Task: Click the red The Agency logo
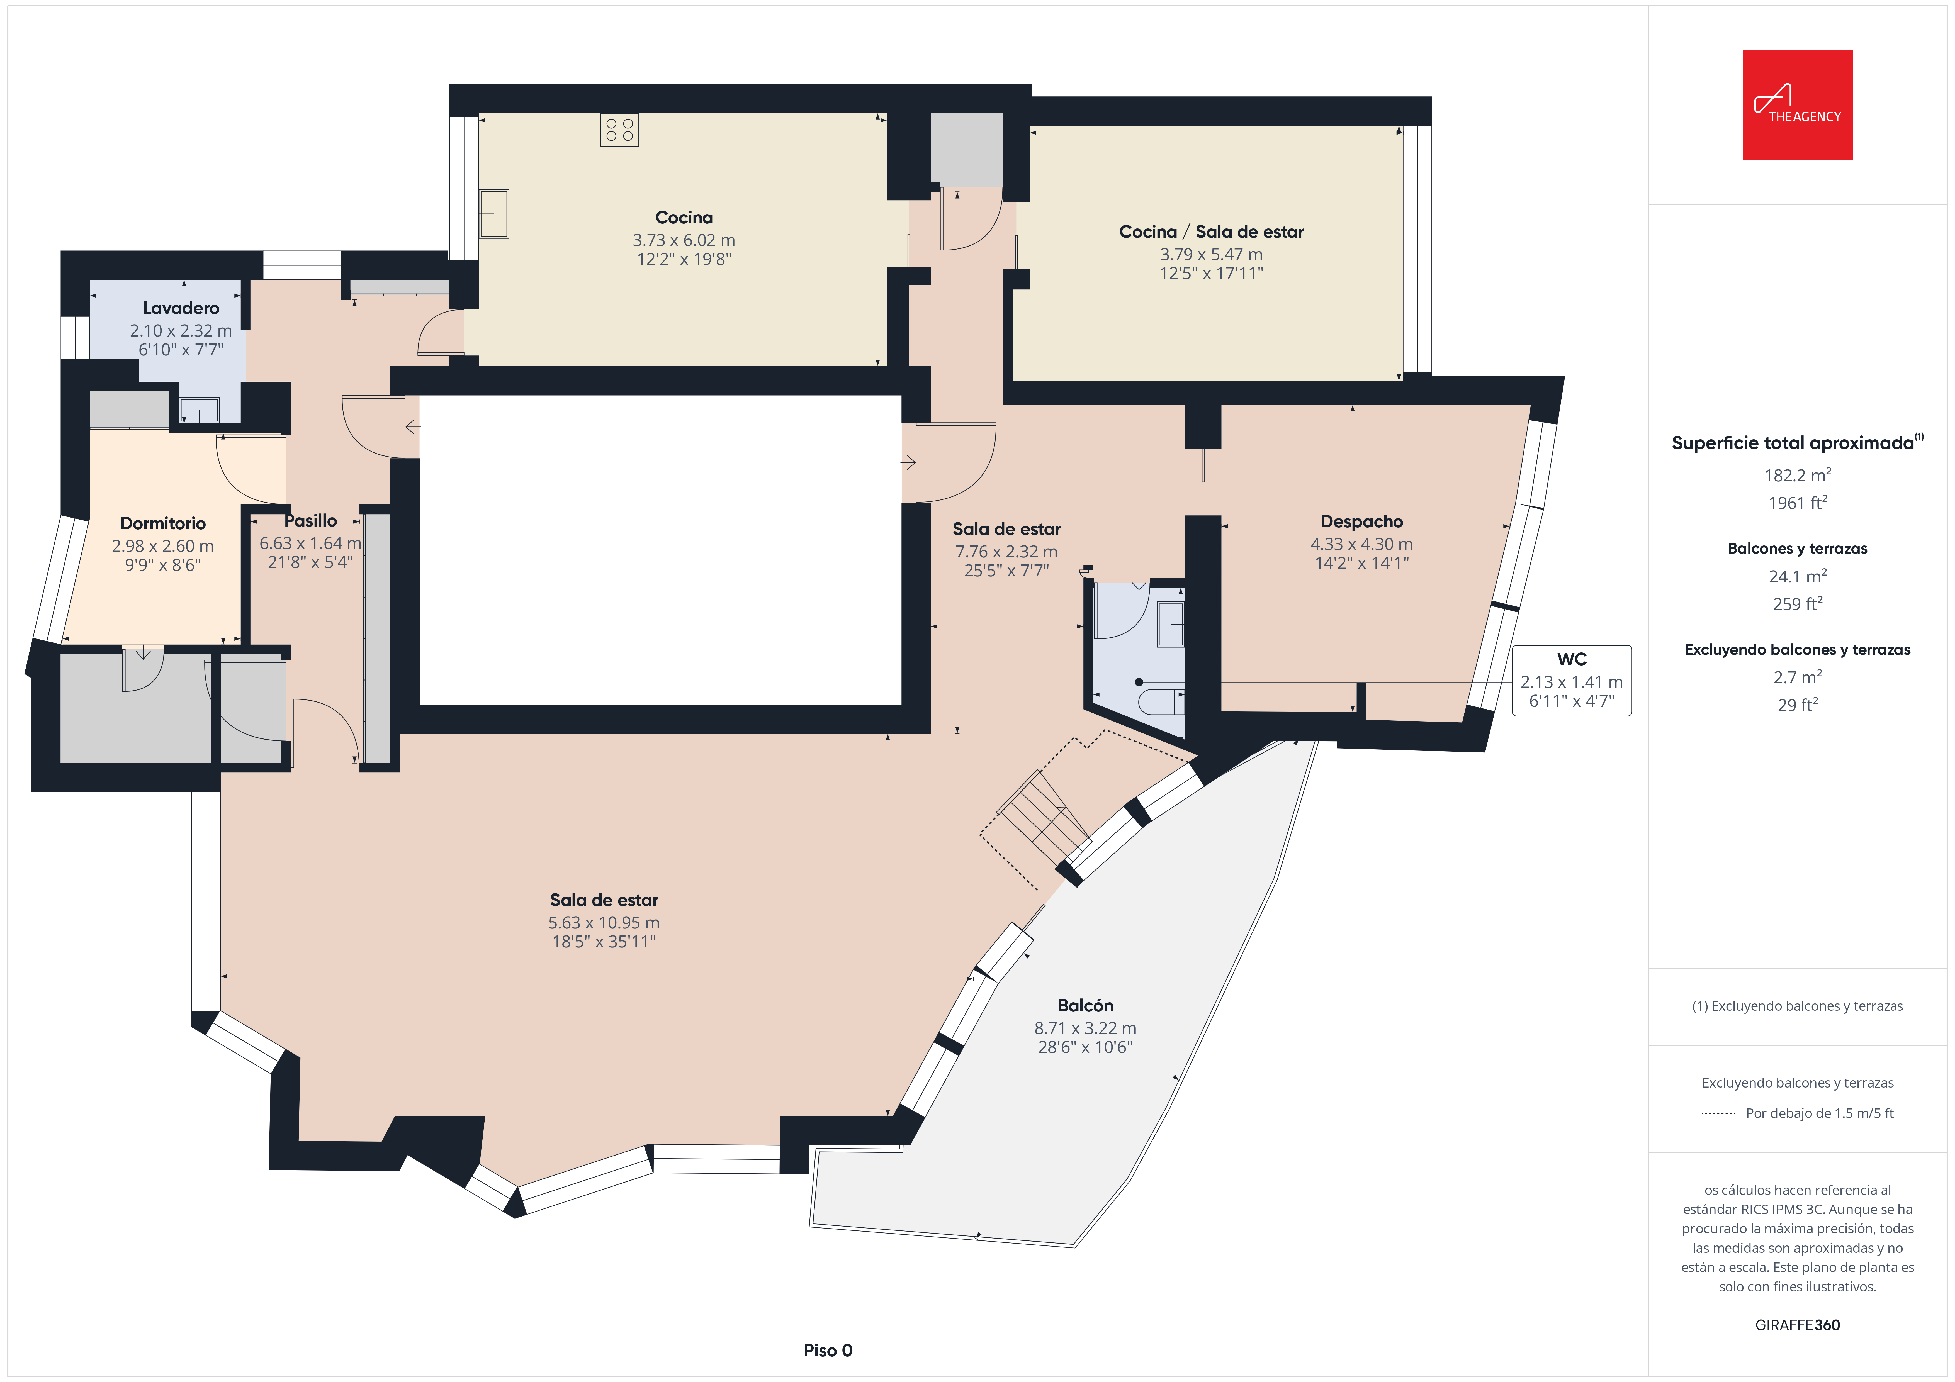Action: tap(1798, 105)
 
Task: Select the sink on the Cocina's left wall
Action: tap(494, 213)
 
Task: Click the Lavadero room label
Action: tap(181, 308)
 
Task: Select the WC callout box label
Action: tap(1572, 659)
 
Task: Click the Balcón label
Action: tap(1086, 1006)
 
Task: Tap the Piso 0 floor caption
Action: tap(828, 1351)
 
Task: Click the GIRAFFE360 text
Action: tap(1798, 1325)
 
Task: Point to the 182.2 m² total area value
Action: tap(1798, 475)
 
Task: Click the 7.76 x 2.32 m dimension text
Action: tap(1006, 552)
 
